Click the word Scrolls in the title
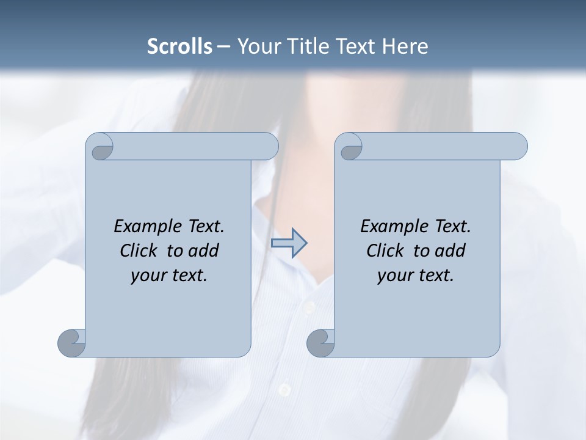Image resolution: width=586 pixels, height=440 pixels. coord(180,46)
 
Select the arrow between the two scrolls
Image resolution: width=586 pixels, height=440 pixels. coord(289,243)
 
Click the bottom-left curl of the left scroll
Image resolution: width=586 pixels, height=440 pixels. coord(71,342)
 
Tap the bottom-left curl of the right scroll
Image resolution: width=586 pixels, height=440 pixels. coord(320,342)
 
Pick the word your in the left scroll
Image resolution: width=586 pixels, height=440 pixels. coord(147,276)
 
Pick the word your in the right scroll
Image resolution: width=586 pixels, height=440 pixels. coord(394,276)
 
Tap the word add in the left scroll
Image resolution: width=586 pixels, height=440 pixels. coord(204,251)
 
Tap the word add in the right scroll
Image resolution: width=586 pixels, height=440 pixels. coord(450,251)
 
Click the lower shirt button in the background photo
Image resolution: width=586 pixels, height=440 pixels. coord(284,388)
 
